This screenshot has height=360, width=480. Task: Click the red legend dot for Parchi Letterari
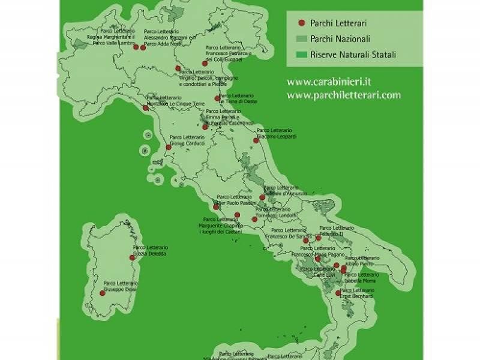[x=301, y=23]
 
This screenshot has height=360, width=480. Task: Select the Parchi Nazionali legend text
[x=340, y=39]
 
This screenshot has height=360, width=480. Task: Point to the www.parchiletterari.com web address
[x=343, y=95]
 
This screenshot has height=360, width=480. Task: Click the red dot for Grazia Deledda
[x=132, y=257]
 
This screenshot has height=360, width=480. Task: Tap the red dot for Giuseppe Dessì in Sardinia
[x=101, y=293]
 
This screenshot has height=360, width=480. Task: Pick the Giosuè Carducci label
[x=187, y=140]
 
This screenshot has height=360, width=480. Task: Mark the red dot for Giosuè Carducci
[x=169, y=148]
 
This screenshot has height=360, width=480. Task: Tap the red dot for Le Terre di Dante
[x=217, y=98]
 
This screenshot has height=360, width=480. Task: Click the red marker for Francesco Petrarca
[x=205, y=63]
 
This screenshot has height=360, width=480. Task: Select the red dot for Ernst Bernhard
[x=339, y=293]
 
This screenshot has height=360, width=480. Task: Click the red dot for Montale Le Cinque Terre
[x=145, y=109]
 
